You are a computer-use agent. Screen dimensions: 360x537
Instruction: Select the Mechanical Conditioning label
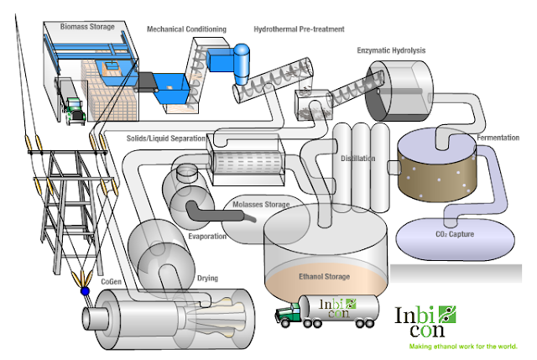tap(186, 29)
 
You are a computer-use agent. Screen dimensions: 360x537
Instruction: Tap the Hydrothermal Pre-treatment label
tap(299, 29)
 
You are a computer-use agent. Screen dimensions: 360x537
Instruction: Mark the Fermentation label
tap(501, 137)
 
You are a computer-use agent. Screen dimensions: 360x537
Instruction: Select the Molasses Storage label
tap(260, 205)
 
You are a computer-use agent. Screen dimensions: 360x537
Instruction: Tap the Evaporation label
tap(207, 237)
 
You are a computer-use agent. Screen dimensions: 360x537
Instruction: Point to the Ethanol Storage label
tap(328, 275)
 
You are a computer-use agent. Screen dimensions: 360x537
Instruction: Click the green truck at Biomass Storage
tap(74, 107)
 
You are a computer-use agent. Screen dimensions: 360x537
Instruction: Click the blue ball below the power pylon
tap(85, 293)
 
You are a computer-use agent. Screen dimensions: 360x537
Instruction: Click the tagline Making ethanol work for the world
tap(463, 346)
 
